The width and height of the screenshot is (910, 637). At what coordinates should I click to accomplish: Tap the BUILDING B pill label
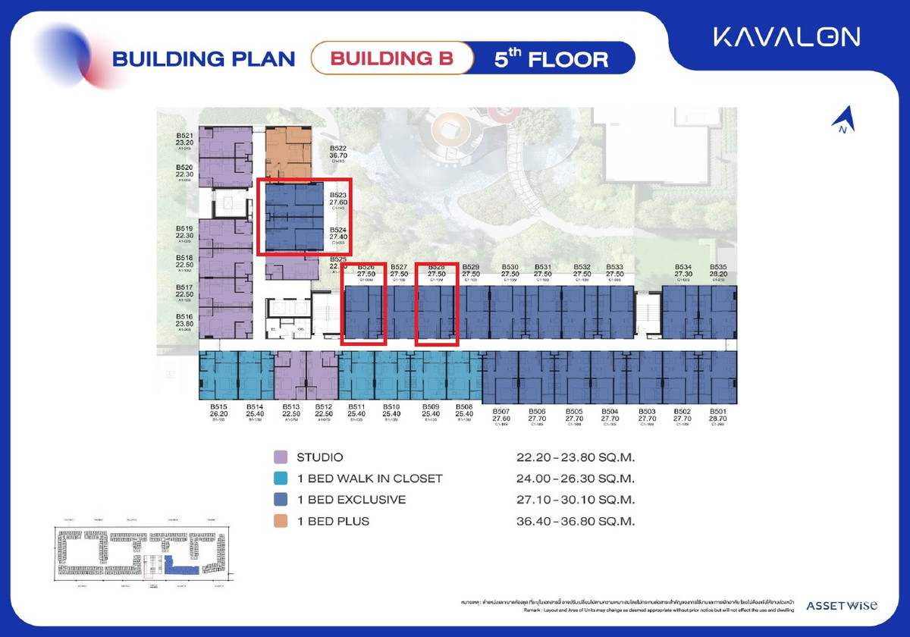pyautogui.click(x=392, y=58)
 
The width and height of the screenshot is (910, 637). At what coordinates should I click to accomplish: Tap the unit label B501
pyautogui.click(x=718, y=410)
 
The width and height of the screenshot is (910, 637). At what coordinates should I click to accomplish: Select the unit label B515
pyautogui.click(x=218, y=407)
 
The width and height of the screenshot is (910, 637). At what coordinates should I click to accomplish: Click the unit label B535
pyautogui.click(x=718, y=268)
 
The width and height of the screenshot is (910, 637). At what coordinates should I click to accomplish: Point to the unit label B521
pyautogui.click(x=185, y=136)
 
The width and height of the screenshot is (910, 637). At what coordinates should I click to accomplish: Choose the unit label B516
pyautogui.click(x=185, y=316)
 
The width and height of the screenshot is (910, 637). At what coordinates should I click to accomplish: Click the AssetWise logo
pyautogui.click(x=842, y=605)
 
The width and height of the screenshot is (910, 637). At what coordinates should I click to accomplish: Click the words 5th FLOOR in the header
pyautogui.click(x=551, y=58)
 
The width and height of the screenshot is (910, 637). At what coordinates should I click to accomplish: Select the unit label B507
pyautogui.click(x=501, y=410)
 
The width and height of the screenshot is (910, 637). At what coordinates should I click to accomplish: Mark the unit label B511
pyautogui.click(x=357, y=407)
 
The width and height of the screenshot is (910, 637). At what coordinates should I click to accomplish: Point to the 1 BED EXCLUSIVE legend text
pyautogui.click(x=351, y=500)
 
